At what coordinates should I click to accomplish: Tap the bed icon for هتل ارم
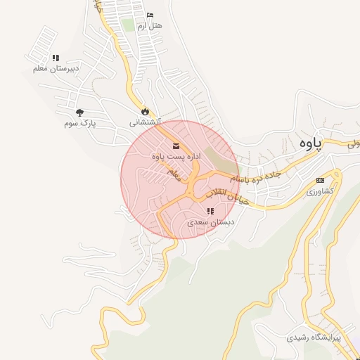pyautogui.click(x=150, y=15)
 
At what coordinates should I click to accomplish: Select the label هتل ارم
pyautogui.click(x=150, y=26)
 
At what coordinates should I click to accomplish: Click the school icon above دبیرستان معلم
pyautogui.click(x=56, y=58)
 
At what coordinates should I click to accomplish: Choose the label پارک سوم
pyautogui.click(x=79, y=123)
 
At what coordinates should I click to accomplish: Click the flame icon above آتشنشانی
pyautogui.click(x=145, y=111)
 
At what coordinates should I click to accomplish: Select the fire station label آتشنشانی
pyautogui.click(x=145, y=122)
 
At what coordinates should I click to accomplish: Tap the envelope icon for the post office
pyautogui.click(x=175, y=146)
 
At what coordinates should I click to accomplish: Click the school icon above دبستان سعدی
pyautogui.click(x=210, y=211)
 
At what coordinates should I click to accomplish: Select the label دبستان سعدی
pyautogui.click(x=212, y=222)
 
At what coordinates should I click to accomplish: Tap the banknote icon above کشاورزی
pyautogui.click(x=321, y=180)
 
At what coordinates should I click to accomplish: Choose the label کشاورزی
pyautogui.click(x=321, y=191)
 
